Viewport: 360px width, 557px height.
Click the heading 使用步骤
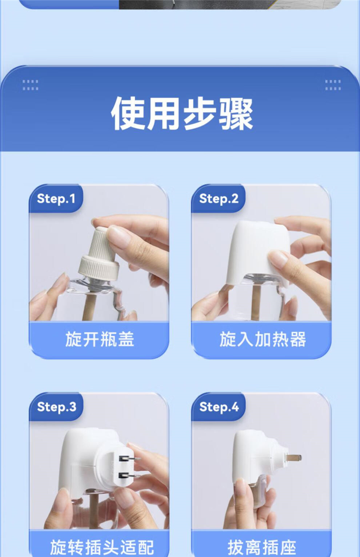click(x=182, y=113)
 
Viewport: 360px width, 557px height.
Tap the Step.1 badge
click(x=56, y=199)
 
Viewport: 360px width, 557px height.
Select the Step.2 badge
click(x=218, y=199)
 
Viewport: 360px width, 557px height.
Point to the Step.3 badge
click(x=56, y=407)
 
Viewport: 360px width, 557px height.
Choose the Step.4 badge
click(x=218, y=407)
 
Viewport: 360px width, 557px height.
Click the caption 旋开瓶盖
click(x=99, y=339)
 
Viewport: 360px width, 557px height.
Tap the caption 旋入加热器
click(x=263, y=339)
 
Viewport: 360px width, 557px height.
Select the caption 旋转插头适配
click(x=102, y=547)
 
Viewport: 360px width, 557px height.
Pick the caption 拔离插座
click(x=262, y=547)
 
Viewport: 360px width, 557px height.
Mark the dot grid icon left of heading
click(x=30, y=85)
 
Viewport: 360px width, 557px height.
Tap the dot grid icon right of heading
click(x=333, y=85)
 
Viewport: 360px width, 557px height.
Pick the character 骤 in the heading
click(x=236, y=113)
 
